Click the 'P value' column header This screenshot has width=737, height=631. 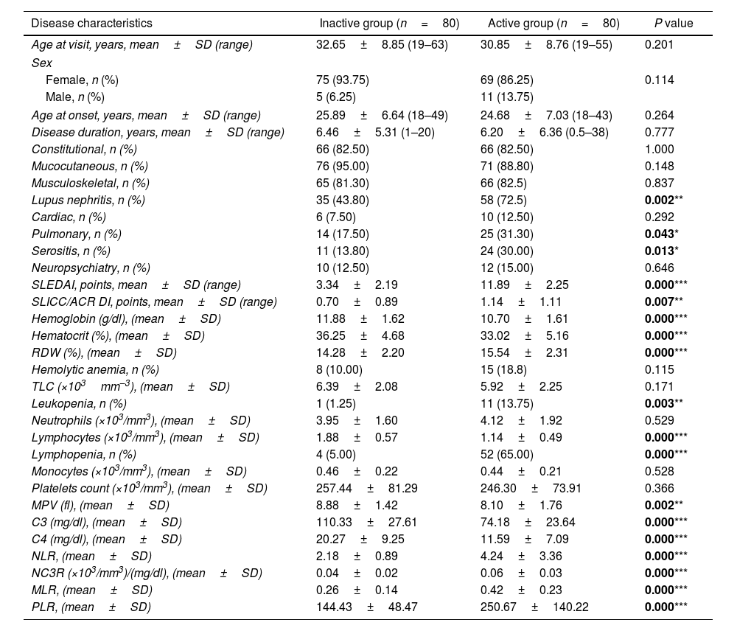674,24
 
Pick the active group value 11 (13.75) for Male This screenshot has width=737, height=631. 506,97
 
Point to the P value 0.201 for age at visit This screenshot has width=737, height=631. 660,45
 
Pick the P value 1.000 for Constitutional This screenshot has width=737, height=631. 660,149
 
